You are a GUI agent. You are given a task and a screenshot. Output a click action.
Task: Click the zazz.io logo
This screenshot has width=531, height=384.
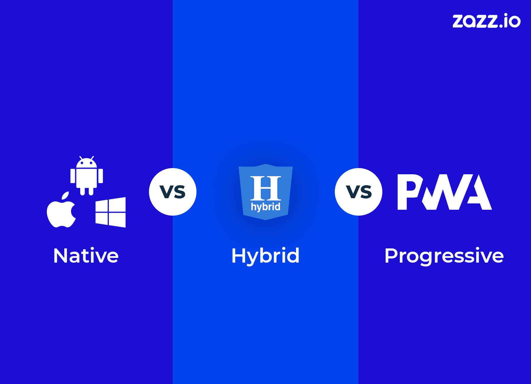pos(486,21)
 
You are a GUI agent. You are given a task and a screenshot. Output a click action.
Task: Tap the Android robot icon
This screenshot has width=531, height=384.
pos(86,176)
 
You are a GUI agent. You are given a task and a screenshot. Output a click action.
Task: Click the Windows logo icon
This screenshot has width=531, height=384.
pos(111,212)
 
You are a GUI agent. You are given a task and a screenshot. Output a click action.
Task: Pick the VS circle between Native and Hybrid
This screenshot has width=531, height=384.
pos(173,192)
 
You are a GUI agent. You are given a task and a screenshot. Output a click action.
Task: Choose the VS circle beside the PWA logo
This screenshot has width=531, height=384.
pos(358,192)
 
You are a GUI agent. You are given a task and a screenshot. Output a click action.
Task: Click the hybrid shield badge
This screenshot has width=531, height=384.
pos(265,192)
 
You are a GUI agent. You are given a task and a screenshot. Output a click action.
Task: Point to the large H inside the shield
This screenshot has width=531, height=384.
pos(265,188)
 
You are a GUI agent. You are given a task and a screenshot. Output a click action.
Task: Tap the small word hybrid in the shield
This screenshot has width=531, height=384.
pos(265,207)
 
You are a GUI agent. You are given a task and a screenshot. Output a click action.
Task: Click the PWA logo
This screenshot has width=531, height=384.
pos(445,192)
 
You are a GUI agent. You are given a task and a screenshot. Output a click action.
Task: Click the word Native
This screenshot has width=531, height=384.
pos(86,256)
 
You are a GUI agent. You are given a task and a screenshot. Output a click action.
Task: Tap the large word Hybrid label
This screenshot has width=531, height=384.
pos(265,256)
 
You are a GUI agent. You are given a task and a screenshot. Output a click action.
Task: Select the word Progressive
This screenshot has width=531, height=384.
pos(444,256)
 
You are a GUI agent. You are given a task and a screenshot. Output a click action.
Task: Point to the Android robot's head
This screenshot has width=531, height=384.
pos(86,162)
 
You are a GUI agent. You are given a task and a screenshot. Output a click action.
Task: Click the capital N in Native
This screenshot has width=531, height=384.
pos(61,256)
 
